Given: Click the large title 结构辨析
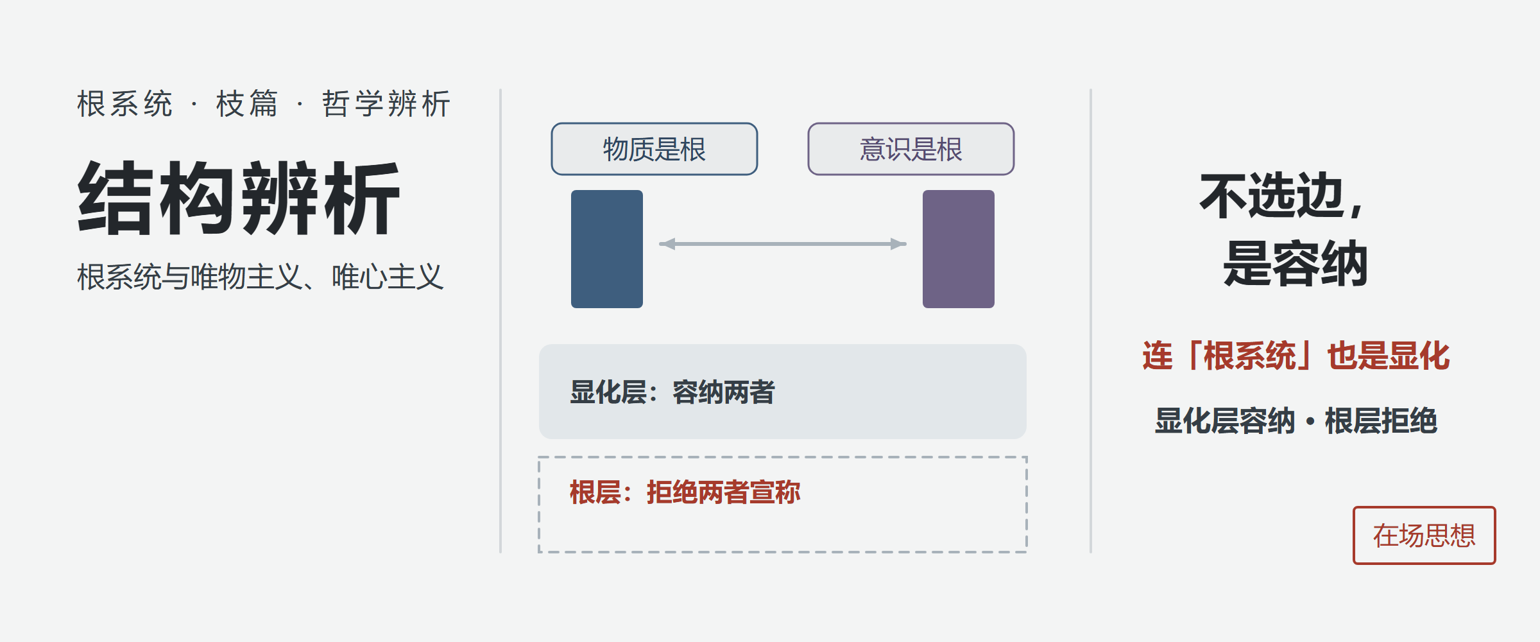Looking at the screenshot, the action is pos(239,198).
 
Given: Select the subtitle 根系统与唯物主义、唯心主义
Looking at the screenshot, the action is pos(261,277).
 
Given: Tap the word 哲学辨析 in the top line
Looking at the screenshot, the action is pos(386,103).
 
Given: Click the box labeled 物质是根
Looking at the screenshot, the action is pos(654,149).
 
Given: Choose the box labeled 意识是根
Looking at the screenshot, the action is pos(911,149).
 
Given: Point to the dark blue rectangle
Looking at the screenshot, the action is pos(607,249).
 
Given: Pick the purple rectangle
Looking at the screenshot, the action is pos(959,249).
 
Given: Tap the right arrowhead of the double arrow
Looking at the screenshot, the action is pos(899,244).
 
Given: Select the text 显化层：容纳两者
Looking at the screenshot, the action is pos(672,392).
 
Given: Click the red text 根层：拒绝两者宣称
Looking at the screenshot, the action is pos(685,492).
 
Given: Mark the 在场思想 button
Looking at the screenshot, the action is pos(1425,535).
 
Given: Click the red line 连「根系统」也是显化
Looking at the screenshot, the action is pos(1296,356).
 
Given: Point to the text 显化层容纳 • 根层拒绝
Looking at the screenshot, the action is pos(1296,421).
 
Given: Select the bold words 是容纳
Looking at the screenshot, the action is pos(1296,263).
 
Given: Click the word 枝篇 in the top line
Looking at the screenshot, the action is pos(247,103).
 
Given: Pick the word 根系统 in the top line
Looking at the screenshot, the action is pos(125,103).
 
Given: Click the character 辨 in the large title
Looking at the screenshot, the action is pos(280,198).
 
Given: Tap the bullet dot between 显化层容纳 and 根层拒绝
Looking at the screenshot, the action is pos(1310,422).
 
